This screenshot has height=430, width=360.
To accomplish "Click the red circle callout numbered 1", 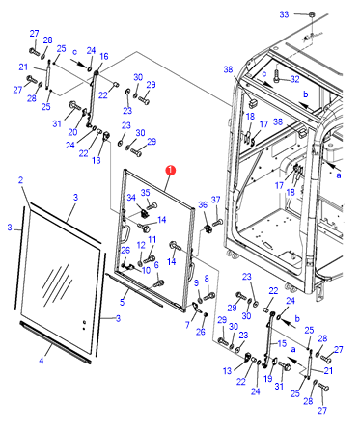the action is coord(171,171).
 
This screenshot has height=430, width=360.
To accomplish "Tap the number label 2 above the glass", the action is coord(21,180).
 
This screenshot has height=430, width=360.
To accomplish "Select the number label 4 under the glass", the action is coord(42,361).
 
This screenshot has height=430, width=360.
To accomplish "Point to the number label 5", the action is coord(122,302).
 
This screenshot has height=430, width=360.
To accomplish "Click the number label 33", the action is coord(284,14).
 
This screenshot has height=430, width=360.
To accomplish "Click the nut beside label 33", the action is coord(311,14).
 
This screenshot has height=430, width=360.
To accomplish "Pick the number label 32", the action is coord(294,79).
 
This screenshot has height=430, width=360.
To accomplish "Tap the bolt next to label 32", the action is coord(277,77).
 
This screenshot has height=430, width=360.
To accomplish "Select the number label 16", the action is coord(104,57).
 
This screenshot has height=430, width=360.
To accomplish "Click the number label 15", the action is coord(282,343).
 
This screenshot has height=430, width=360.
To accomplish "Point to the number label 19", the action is coord(268,379).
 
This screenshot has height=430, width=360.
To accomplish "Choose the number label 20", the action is coord(72,132).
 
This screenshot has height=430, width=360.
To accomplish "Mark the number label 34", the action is coord(131,198).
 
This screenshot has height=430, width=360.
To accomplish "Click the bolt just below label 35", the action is coord(152,205).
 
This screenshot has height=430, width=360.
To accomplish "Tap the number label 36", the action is coord(203,204).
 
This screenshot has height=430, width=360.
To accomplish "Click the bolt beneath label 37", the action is coord(217,222).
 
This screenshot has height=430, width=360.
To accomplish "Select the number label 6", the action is coord(156,265).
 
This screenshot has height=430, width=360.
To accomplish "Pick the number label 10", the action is coord(146,270).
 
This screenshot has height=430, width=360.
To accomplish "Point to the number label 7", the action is coord(187,325).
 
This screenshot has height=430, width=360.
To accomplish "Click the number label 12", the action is coord(141,245).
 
